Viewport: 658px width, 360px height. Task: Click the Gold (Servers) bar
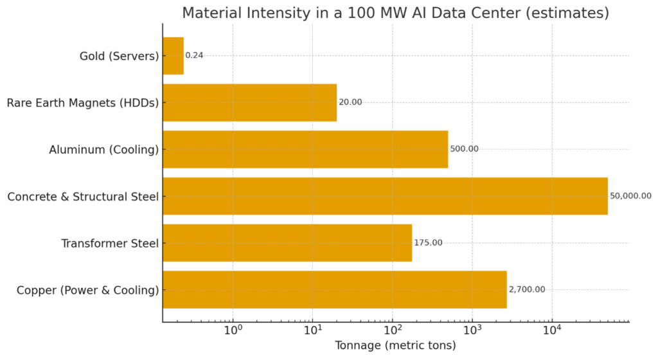pyautogui.click(x=173, y=56)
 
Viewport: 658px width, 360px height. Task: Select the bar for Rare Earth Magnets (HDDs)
pyautogui.click(x=249, y=102)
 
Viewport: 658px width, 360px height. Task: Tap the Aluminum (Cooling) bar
pyautogui.click(x=305, y=149)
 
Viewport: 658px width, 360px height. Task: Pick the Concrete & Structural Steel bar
pyautogui.click(x=385, y=196)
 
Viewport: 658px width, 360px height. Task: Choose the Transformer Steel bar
pyautogui.click(x=287, y=242)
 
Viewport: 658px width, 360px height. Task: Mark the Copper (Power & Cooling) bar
pyautogui.click(x=335, y=289)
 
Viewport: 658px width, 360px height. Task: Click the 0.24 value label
pyautogui.click(x=195, y=56)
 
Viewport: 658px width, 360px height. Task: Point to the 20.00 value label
pyautogui.click(x=350, y=102)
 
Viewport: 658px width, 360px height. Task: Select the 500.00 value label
pyautogui.click(x=464, y=149)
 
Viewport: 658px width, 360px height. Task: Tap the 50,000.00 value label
pyautogui.click(x=630, y=196)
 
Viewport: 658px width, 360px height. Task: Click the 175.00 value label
pyautogui.click(x=428, y=242)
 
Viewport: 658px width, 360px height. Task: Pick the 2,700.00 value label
pyautogui.click(x=527, y=289)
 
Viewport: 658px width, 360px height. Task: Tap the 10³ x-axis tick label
pyautogui.click(x=472, y=330)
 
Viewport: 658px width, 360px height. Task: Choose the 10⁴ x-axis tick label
pyautogui.click(x=552, y=330)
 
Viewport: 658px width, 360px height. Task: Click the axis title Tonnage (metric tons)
pyautogui.click(x=395, y=346)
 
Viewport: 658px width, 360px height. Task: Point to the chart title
pyautogui.click(x=395, y=13)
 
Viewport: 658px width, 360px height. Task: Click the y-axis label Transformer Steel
pyautogui.click(x=110, y=243)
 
